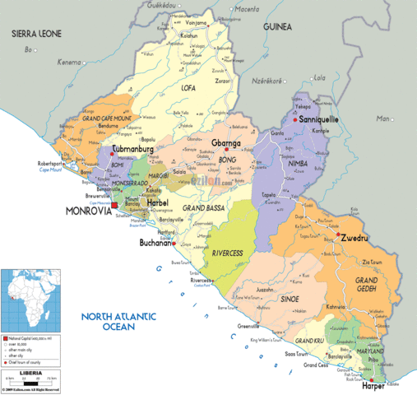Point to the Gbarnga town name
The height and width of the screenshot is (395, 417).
coord(227,142)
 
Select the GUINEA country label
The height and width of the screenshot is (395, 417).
coord(277,27)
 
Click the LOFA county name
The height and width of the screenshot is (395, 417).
coord(188,86)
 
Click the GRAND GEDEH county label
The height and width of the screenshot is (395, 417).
coord(366,286)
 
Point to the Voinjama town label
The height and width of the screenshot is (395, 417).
coord(195,23)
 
